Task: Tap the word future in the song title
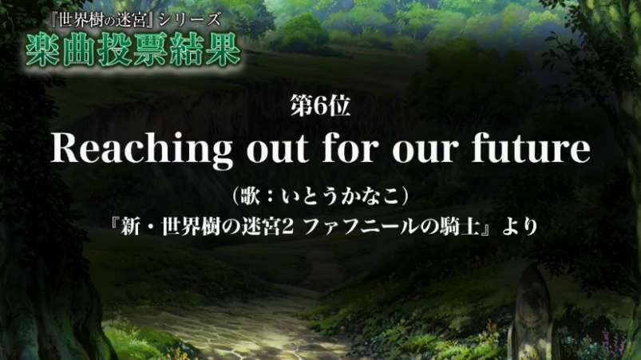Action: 531,148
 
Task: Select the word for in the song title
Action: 350,148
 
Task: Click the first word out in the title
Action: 277,149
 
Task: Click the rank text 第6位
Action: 321,105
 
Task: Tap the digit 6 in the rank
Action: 320,106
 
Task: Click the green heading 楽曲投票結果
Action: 133,49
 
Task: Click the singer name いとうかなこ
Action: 340,196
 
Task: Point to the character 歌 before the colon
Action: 251,196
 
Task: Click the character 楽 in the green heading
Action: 42,50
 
